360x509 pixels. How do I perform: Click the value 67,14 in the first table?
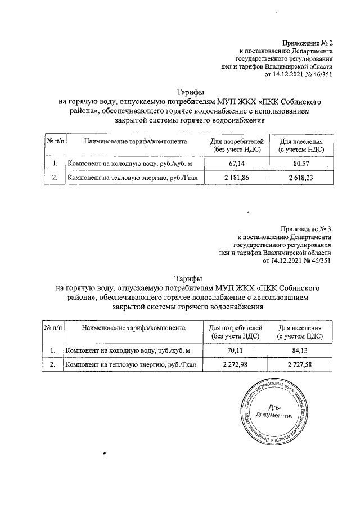(x=236, y=164)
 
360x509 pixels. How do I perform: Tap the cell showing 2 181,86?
(x=236, y=178)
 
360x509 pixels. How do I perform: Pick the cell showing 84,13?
(x=299, y=350)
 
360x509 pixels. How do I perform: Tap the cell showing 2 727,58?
(x=299, y=365)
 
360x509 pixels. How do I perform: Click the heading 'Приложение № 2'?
(x=308, y=43)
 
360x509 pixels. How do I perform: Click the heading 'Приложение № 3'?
(x=307, y=229)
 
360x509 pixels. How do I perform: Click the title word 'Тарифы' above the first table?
(x=190, y=93)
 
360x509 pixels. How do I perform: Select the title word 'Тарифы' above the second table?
(x=188, y=279)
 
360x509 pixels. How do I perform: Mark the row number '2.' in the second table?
(x=52, y=365)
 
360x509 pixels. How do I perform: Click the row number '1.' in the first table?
(x=55, y=164)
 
